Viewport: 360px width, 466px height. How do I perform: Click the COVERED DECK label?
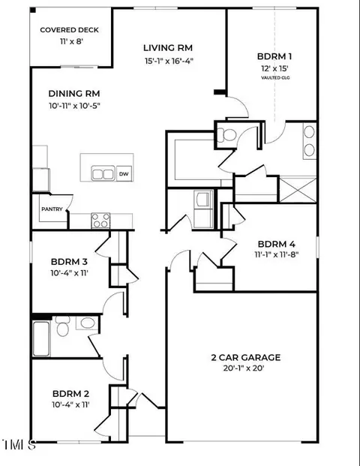(x=69, y=30)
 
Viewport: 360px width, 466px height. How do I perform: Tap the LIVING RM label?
(x=168, y=48)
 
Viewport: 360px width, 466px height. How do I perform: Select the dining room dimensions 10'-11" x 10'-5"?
(x=74, y=106)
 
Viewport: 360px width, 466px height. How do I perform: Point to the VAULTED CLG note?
(x=275, y=78)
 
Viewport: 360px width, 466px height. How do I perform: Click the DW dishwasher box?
(x=124, y=173)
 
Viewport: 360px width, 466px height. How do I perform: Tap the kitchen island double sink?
(x=103, y=173)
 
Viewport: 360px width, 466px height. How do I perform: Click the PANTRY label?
(x=52, y=209)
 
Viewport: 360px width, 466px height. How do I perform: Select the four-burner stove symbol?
(x=100, y=221)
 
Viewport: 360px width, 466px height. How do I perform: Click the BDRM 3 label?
(x=69, y=262)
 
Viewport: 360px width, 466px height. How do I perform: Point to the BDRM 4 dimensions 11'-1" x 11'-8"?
(x=276, y=254)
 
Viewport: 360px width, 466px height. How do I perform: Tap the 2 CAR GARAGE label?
(x=246, y=357)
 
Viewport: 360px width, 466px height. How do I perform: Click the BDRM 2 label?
(x=70, y=394)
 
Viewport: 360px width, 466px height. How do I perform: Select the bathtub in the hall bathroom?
(x=41, y=338)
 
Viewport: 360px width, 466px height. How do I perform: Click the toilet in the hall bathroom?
(x=63, y=326)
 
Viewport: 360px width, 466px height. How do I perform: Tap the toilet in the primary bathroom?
(x=227, y=134)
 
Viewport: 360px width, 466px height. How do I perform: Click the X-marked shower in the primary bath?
(x=298, y=190)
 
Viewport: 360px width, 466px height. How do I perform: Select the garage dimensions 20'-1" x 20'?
(x=244, y=368)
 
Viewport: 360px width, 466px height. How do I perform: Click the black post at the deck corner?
(x=33, y=11)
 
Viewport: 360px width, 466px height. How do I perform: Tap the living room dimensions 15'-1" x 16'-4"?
(x=169, y=61)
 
